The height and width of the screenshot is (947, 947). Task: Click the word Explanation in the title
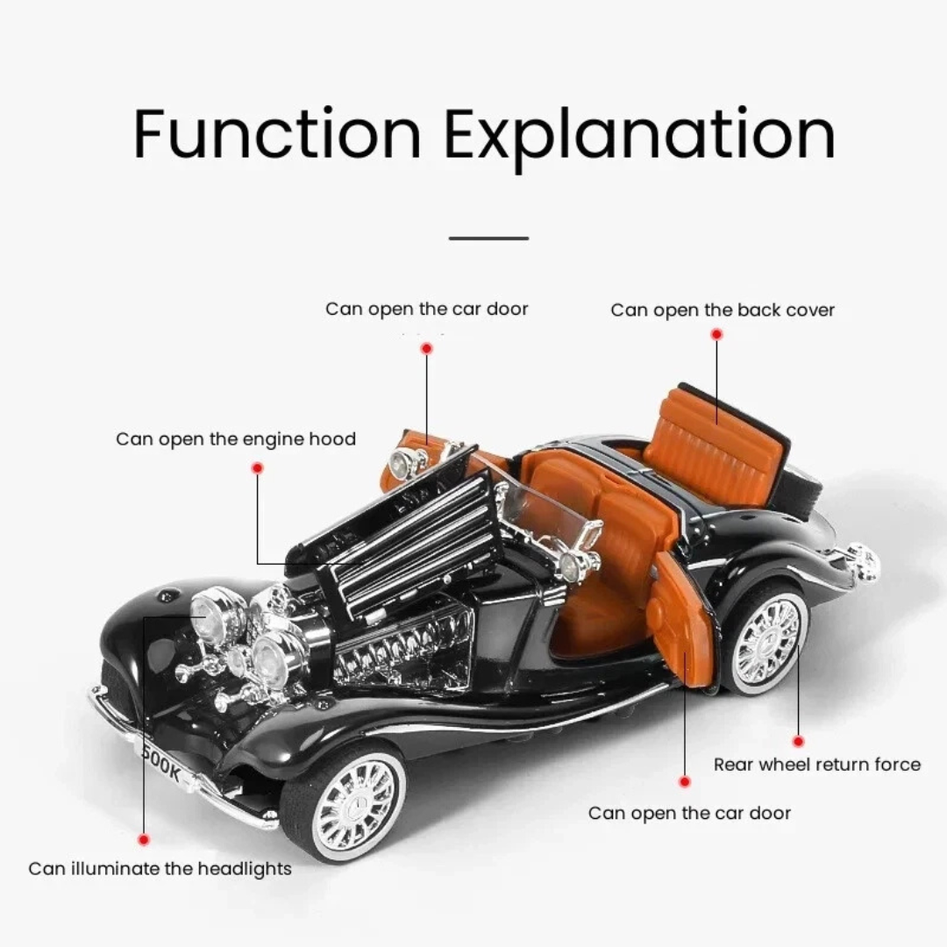pyautogui.click(x=640, y=137)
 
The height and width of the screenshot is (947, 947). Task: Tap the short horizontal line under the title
pyautogui.click(x=488, y=238)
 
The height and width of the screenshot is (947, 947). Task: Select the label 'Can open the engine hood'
pyautogui.click(x=236, y=438)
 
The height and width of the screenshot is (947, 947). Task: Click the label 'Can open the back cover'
pyautogui.click(x=723, y=310)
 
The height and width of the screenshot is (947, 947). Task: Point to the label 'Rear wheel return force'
pyautogui.click(x=817, y=765)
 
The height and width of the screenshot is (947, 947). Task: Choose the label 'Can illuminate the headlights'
pyautogui.click(x=160, y=869)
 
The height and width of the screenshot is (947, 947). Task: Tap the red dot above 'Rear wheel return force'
pyautogui.click(x=798, y=741)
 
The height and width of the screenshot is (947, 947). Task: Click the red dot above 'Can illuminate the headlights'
pyautogui.click(x=144, y=839)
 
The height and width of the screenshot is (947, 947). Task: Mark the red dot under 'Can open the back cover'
pyautogui.click(x=716, y=334)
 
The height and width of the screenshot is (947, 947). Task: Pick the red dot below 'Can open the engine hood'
pyautogui.click(x=257, y=468)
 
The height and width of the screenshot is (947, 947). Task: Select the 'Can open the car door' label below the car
pyautogui.click(x=689, y=813)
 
